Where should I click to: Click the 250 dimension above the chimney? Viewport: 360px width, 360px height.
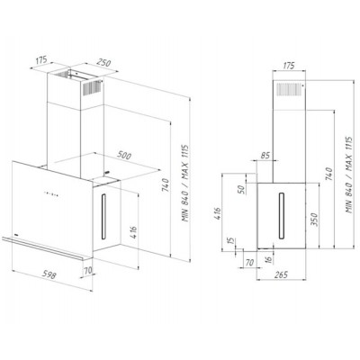(103, 63)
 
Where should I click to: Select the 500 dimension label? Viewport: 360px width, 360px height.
(124, 156)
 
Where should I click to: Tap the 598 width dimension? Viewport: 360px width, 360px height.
(49, 274)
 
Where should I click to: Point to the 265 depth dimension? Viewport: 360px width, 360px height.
(281, 274)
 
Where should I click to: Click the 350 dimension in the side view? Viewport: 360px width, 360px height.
(313, 220)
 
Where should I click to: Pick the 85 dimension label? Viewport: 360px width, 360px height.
(265, 156)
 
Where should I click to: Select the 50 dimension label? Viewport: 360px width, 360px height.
(242, 189)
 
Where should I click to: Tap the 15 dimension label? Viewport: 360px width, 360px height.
(230, 240)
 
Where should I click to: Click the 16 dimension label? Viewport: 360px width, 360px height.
(269, 258)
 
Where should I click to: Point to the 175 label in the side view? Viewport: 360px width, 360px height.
(289, 66)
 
